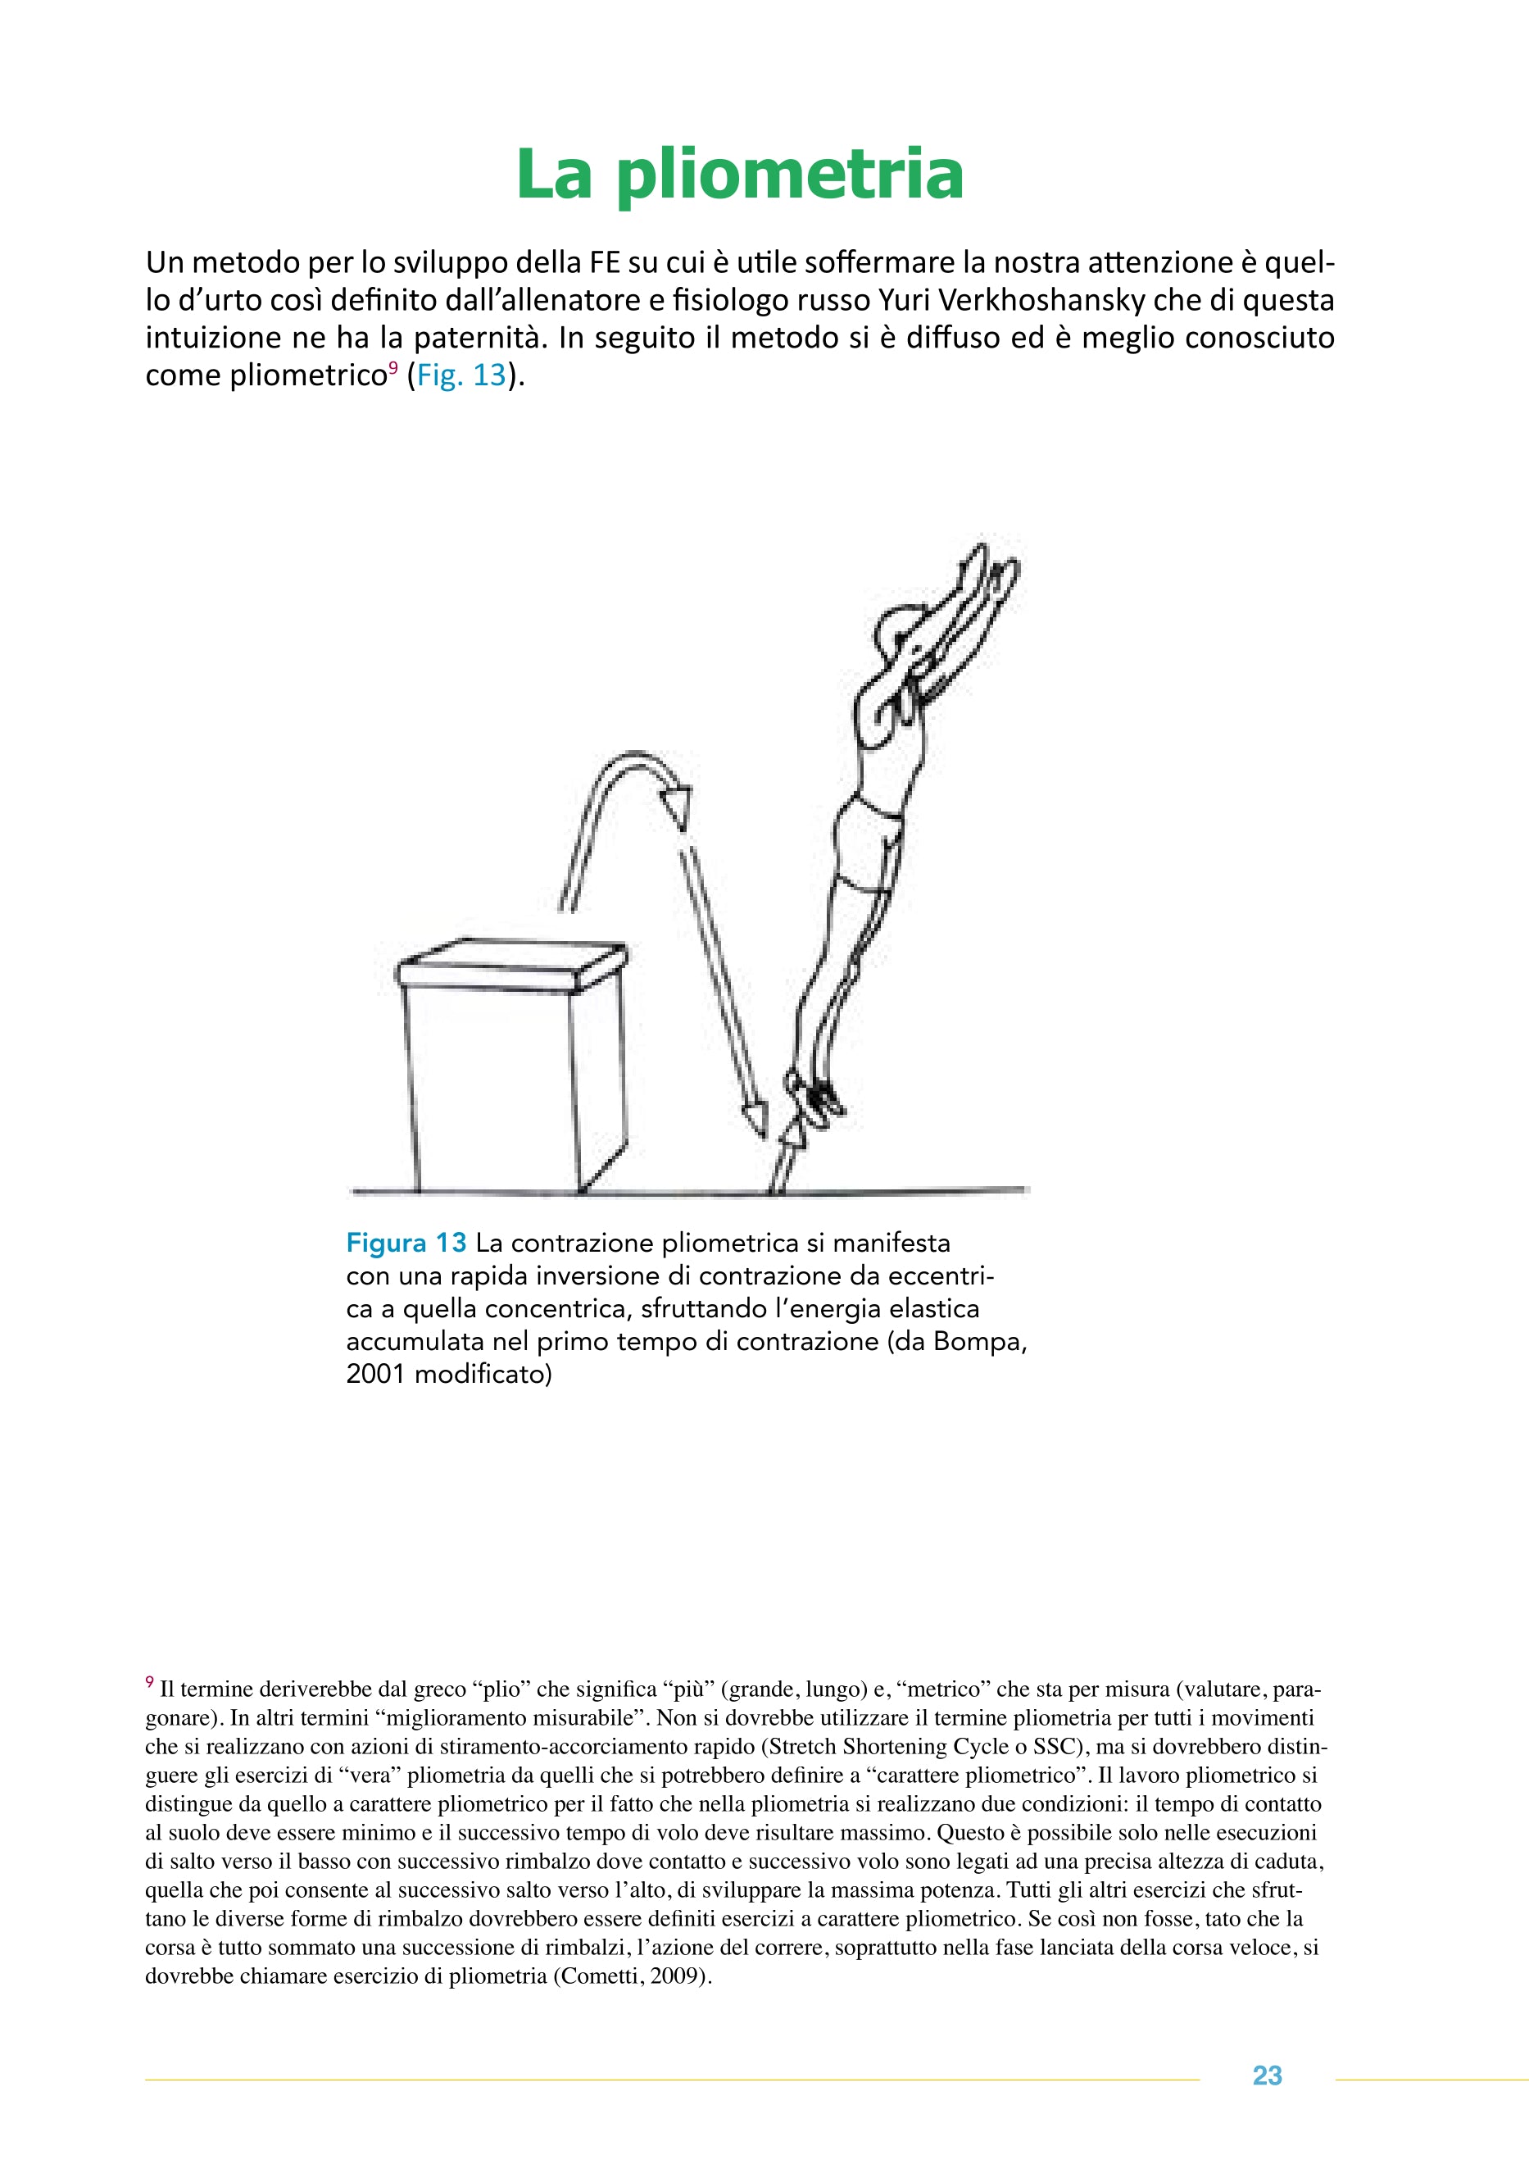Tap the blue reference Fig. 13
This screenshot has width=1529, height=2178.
[462, 375]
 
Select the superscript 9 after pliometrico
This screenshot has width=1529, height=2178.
[392, 366]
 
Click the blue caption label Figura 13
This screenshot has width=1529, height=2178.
[406, 1243]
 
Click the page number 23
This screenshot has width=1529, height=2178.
[1268, 2076]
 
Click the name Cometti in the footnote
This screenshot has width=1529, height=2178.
[597, 1976]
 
